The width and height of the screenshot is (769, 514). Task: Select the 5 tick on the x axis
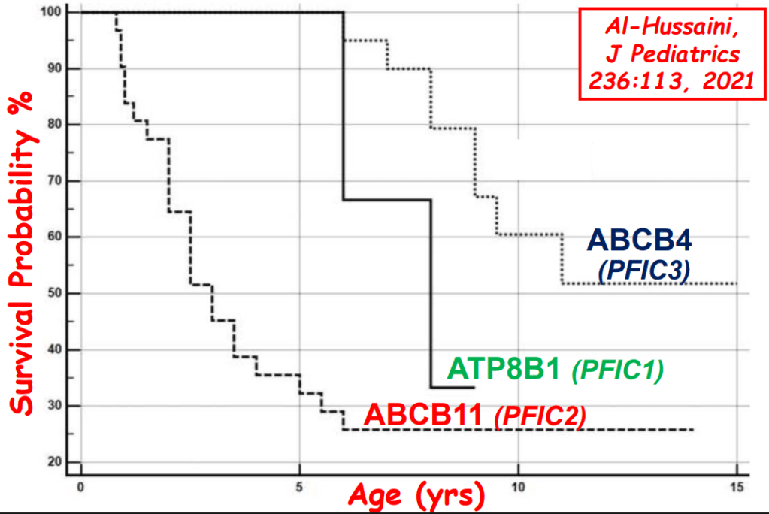point(299,487)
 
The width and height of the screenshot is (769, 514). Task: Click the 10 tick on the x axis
point(518,487)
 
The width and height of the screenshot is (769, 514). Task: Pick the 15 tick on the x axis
point(737,487)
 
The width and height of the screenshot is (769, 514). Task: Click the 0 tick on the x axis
point(80,487)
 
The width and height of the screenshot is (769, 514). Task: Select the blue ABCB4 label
point(639,242)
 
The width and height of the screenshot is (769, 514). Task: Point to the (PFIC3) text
point(644,270)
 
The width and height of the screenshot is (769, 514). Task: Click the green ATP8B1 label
point(505,370)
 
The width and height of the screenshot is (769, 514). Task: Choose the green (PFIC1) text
point(618,370)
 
